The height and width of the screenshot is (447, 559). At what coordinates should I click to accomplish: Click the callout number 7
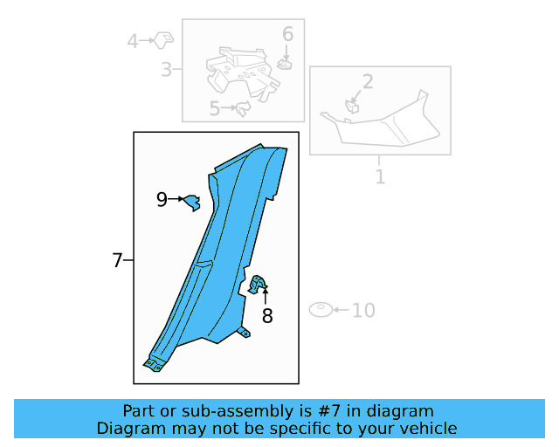117,260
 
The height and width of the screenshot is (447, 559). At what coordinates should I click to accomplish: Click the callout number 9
162,200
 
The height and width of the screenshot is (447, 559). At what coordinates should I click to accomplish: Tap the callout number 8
267,316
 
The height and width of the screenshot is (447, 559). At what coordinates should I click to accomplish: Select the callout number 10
363,310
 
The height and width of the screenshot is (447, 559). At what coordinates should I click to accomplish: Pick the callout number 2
368,82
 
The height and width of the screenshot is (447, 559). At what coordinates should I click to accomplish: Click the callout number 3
166,69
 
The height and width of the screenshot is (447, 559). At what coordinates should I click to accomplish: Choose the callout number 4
133,40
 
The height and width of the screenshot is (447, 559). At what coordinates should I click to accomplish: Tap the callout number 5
215,109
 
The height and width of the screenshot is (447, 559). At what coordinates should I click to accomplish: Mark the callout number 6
287,35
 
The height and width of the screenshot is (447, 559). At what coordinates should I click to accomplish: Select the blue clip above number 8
259,283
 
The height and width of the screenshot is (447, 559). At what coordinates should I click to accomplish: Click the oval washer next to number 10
321,310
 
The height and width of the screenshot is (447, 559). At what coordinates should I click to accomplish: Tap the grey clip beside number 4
163,38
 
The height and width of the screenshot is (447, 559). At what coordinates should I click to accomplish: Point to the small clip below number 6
284,62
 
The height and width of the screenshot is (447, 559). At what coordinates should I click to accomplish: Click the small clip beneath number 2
353,107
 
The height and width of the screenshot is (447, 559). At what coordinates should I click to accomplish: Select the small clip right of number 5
243,108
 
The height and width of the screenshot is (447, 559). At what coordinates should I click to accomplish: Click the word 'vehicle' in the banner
428,428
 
